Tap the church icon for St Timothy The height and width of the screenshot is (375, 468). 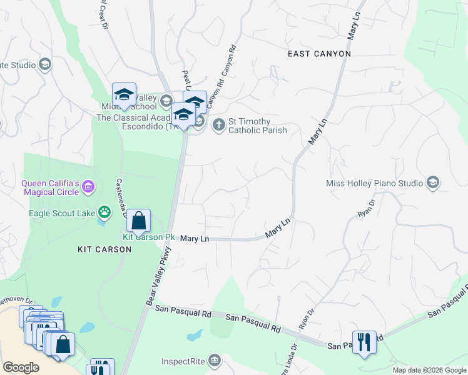219,124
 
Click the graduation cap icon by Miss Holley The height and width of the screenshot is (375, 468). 432,182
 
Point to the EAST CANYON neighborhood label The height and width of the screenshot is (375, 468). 319,54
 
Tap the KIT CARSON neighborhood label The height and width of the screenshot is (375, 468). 104,249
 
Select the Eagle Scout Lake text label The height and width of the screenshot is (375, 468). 61,213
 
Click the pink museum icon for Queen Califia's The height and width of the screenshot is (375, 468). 88,186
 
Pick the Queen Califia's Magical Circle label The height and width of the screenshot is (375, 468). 50,187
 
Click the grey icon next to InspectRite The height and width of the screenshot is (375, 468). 215,360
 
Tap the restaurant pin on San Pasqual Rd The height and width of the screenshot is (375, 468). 364,342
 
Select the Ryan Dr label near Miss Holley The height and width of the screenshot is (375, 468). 365,208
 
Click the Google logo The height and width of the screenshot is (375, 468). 21,367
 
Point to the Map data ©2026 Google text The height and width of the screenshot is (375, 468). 429,370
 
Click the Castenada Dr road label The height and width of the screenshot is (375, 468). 122,197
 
